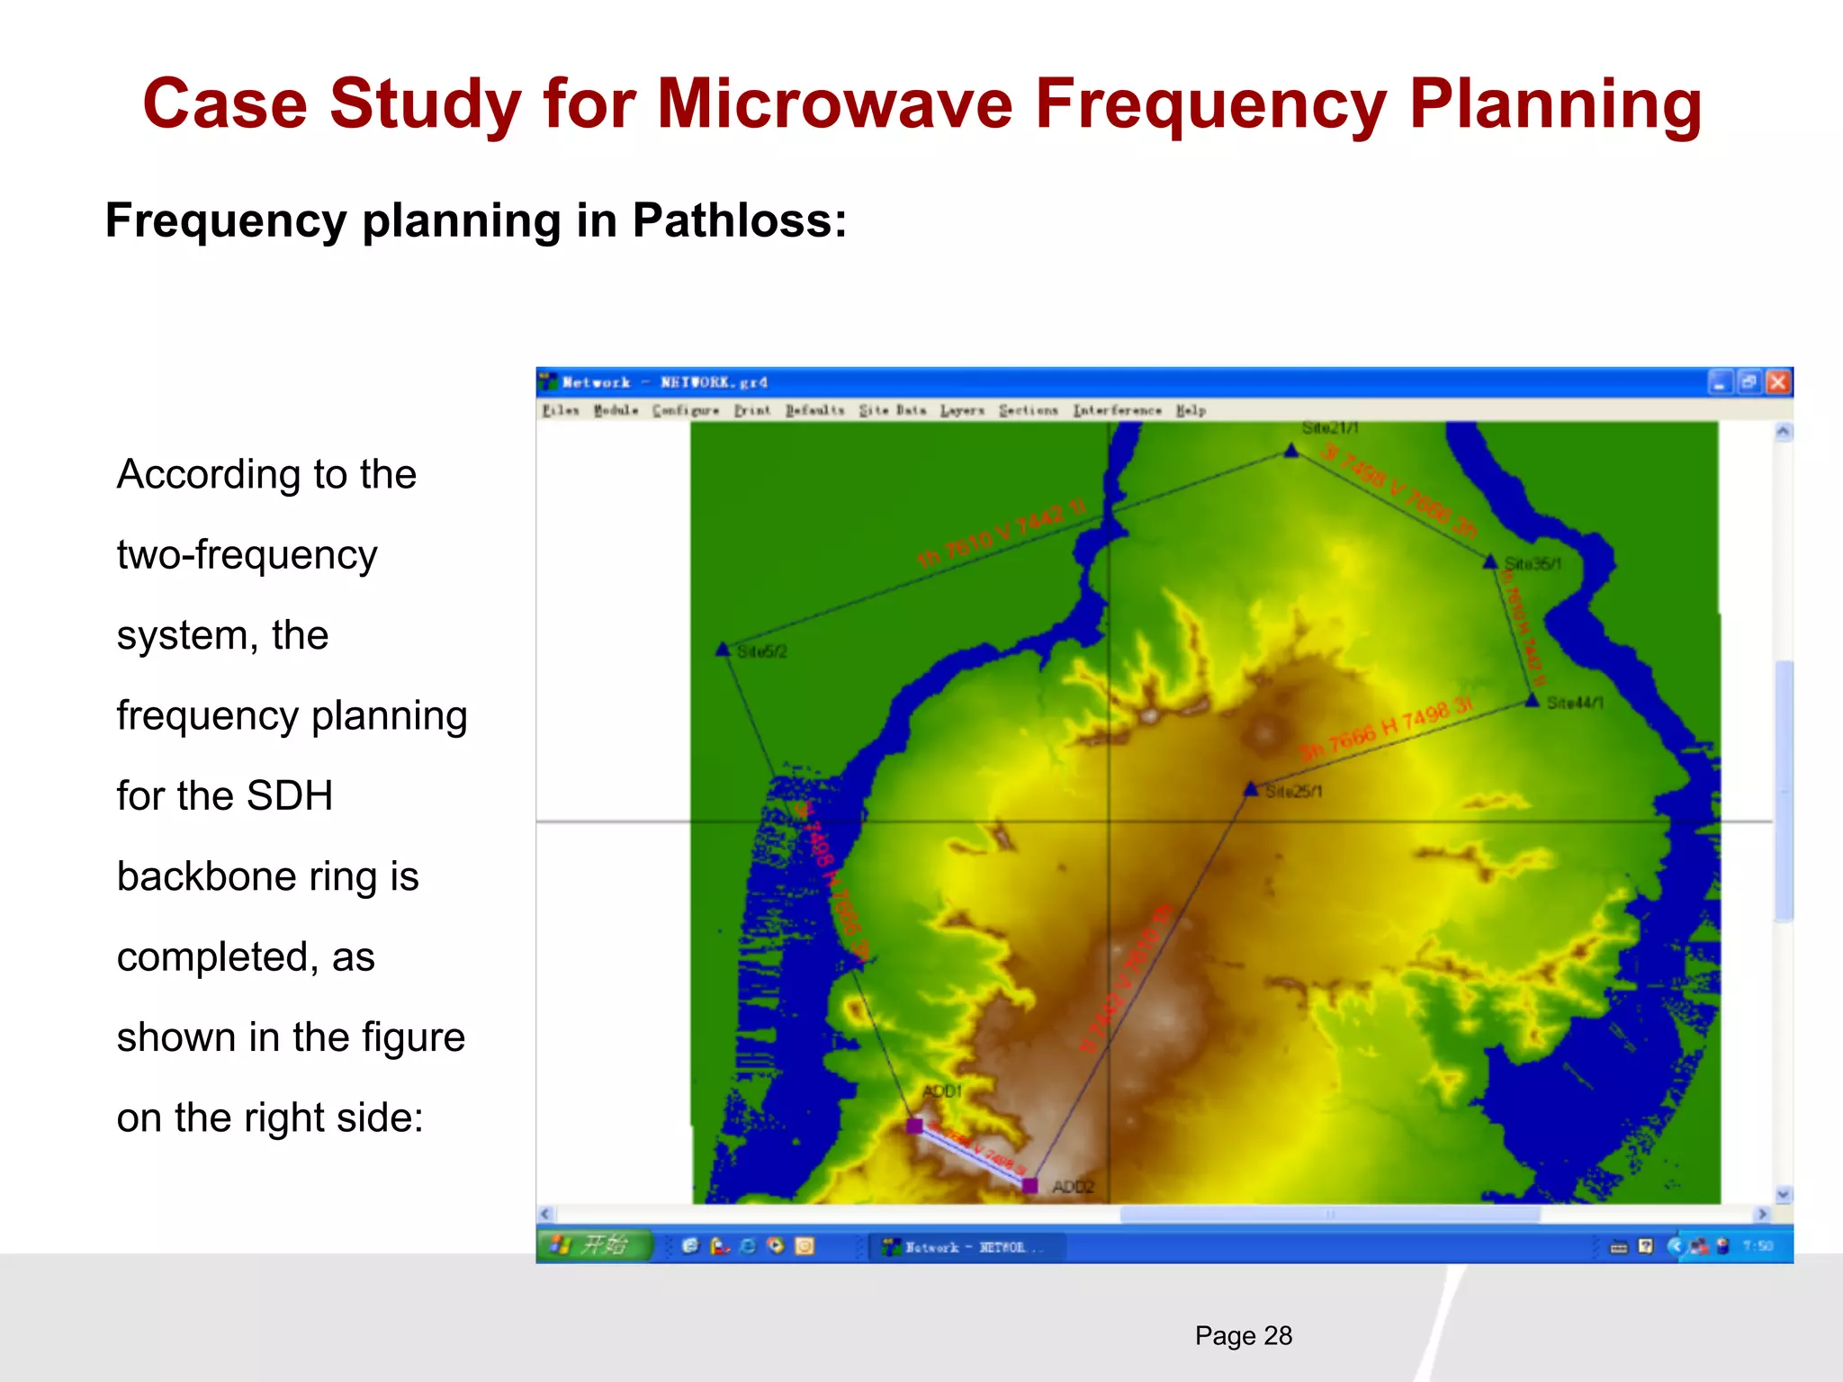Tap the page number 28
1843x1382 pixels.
click(x=1277, y=1335)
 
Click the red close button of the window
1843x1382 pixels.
click(x=1777, y=382)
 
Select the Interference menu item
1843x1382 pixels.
click(x=1116, y=410)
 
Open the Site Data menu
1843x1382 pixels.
click(x=892, y=410)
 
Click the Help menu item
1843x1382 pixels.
click(x=1191, y=410)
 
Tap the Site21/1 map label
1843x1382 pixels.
click(x=1330, y=428)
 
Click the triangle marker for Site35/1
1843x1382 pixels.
click(x=1490, y=562)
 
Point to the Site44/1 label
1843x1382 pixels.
click(x=1575, y=703)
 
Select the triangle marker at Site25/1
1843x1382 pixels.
click(x=1251, y=789)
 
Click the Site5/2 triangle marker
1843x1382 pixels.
click(x=723, y=649)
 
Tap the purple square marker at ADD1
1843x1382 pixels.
click(x=914, y=1126)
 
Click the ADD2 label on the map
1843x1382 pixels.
click(x=1073, y=1187)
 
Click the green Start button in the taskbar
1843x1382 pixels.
click(x=595, y=1245)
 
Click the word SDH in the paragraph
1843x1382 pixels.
click(x=289, y=795)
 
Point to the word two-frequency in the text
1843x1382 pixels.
click(x=247, y=555)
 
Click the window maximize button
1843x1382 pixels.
click(x=1749, y=382)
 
